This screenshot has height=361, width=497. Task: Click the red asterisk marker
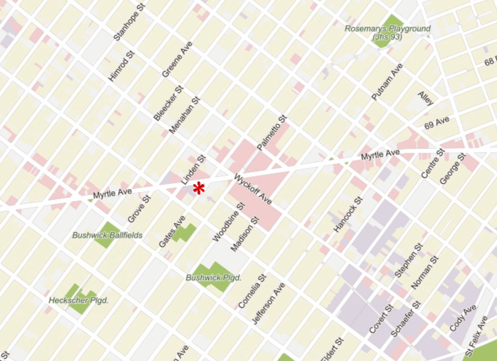point(199,188)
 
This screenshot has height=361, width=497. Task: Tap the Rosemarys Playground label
point(388,32)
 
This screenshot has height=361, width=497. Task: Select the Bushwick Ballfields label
point(107,235)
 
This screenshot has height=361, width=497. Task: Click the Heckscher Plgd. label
point(78,300)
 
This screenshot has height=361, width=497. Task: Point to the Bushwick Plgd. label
point(213,278)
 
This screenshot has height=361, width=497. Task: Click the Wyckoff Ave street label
point(253,189)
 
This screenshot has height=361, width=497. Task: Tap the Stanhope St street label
point(129,21)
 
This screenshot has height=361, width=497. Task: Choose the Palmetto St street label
point(272,133)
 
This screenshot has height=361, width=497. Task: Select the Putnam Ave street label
point(387,82)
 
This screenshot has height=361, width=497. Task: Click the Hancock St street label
point(348,214)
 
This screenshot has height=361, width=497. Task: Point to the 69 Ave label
point(436,123)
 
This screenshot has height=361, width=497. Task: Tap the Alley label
point(426,99)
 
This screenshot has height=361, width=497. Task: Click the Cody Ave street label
point(463,318)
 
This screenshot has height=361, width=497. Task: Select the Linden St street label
point(193,170)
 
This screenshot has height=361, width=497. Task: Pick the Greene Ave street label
point(177,60)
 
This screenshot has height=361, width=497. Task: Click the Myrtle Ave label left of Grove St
point(112,194)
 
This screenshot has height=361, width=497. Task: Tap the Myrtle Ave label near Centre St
point(380,155)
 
